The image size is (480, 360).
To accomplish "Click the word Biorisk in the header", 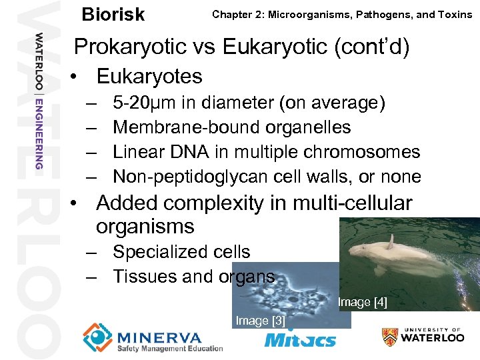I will (113, 14).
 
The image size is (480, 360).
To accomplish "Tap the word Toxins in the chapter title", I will (455, 14).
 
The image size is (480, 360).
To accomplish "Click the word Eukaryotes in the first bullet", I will (149, 76).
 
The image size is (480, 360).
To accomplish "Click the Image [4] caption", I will (362, 303).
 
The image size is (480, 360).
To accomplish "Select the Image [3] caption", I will (261, 321).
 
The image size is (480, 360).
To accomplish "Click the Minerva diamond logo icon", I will (98, 337).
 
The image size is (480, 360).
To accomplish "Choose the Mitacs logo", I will (300, 339).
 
